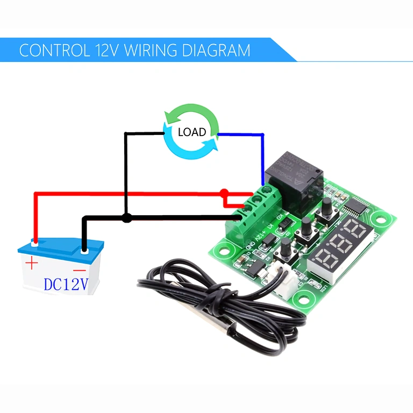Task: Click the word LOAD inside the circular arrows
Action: [x=191, y=132]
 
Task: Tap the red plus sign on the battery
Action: [x=32, y=264]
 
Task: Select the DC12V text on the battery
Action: [x=66, y=284]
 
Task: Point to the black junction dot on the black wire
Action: [x=126, y=218]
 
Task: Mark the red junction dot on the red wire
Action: [x=224, y=193]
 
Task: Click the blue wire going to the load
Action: [x=262, y=156]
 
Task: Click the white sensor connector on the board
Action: [x=281, y=275]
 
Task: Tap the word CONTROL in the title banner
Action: [x=54, y=51]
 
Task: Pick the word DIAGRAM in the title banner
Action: [x=215, y=51]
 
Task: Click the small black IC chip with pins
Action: [x=356, y=206]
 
